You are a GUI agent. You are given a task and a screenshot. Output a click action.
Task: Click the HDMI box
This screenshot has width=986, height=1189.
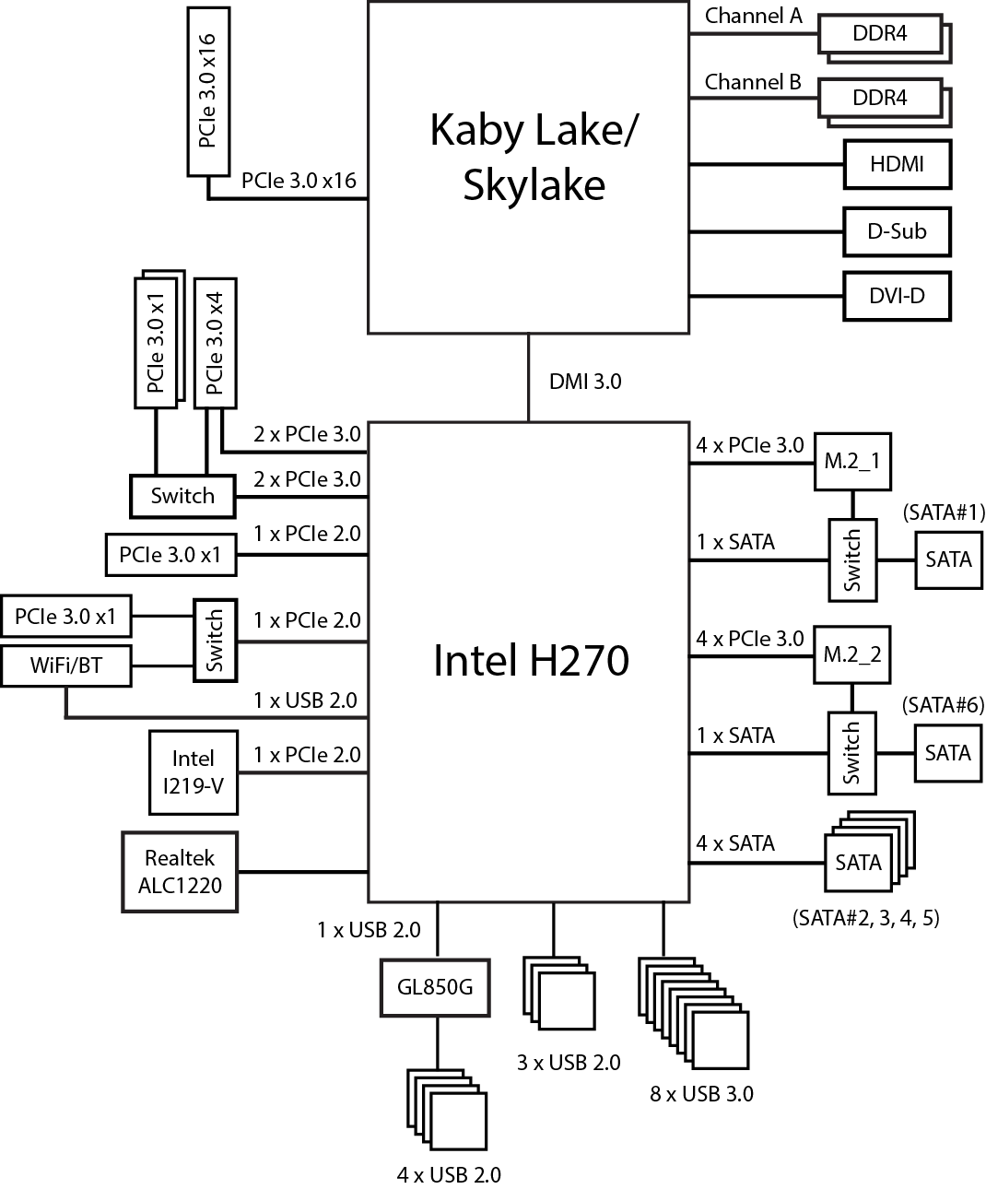897,165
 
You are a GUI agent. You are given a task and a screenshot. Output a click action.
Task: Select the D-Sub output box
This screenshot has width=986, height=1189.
897,231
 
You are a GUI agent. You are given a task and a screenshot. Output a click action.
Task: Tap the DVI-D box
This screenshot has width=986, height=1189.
897,297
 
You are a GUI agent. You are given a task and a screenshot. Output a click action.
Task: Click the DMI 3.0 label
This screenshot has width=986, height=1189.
585,381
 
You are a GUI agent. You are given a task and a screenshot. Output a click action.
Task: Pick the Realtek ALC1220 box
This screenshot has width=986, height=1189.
180,872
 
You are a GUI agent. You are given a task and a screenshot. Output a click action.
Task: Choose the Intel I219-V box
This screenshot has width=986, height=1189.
194,772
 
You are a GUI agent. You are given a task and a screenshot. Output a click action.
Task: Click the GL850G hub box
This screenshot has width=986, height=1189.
435,987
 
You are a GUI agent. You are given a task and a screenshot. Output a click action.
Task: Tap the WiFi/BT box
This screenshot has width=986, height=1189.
66,665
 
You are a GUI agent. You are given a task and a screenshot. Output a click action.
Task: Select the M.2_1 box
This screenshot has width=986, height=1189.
852,460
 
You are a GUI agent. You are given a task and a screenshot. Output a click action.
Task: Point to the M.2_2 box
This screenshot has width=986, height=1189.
852,654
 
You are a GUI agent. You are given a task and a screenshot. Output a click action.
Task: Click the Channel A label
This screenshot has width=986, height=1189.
753,16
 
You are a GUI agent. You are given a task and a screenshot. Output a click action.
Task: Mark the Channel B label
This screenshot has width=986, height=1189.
753,82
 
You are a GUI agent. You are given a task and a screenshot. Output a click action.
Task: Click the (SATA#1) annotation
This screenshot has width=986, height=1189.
945,512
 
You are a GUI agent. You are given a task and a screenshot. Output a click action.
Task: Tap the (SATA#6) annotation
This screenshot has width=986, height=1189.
945,705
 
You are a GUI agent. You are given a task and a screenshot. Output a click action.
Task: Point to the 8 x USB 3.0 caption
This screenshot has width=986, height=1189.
701,1094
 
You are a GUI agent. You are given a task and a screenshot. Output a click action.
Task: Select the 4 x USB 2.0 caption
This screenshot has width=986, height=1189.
449,1174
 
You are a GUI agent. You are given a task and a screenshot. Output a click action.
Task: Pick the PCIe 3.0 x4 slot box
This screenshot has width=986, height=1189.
215,342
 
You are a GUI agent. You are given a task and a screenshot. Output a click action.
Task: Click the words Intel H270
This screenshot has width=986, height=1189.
531,661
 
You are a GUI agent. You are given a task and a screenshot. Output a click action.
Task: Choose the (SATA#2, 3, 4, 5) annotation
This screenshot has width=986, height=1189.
865,918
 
